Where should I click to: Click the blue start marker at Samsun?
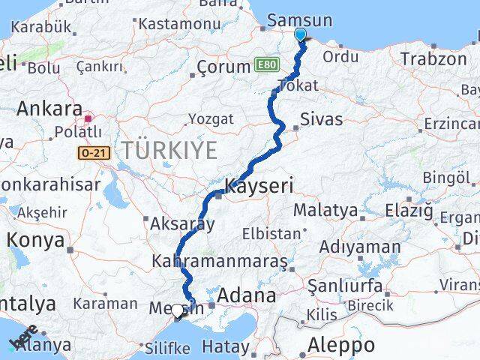coord(300,34)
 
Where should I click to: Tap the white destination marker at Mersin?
coord(178,310)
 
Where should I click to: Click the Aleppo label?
coord(341,346)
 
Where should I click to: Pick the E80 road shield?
coord(265,66)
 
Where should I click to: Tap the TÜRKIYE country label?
coord(169,150)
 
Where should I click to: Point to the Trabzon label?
coord(433,58)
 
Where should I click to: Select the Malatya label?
coord(325,210)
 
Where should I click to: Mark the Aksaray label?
coord(182,223)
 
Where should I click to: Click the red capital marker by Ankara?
coord(88,117)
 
